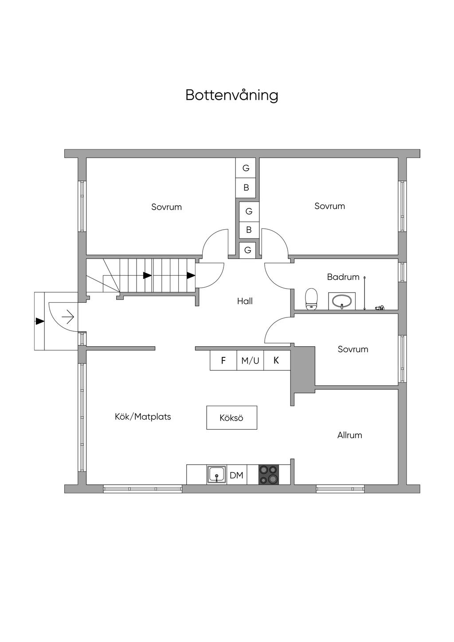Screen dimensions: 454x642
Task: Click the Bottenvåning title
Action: point(231,95)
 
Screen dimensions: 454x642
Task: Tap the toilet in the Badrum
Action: point(311,299)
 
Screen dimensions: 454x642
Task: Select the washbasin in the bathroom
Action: point(342,301)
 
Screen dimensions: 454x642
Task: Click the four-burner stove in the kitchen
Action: point(269,475)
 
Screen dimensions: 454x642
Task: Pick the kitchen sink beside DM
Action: point(217,475)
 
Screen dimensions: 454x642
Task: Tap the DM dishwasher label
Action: point(236,475)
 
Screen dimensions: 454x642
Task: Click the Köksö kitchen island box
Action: point(231,418)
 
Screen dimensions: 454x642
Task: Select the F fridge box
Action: point(223,360)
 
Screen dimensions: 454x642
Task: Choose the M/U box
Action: point(250,360)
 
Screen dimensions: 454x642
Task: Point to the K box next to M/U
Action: point(277,360)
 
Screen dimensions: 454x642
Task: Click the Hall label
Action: point(245,301)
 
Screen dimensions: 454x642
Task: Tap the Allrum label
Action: point(350,435)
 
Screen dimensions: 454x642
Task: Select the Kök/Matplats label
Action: point(143,416)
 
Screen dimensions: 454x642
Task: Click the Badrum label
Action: point(343,277)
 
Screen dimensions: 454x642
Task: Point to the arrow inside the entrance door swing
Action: point(68,317)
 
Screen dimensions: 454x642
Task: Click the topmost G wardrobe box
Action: point(246,168)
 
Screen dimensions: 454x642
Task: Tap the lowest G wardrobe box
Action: point(248,250)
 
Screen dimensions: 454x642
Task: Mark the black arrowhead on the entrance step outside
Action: point(40,321)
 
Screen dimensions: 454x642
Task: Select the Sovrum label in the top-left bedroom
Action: point(167,207)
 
